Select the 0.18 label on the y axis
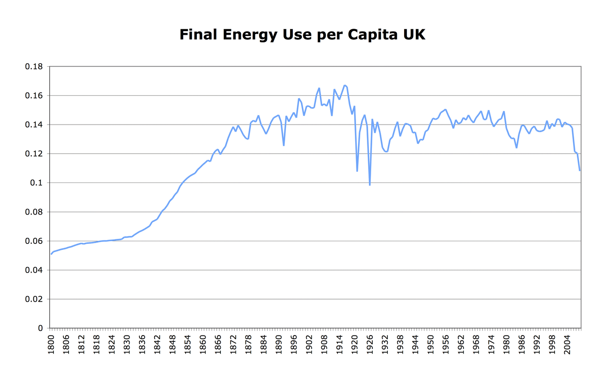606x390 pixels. (34, 67)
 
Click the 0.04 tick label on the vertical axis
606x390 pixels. (34, 270)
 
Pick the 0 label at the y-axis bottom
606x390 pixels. (40, 328)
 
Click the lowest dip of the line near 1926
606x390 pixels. (370, 185)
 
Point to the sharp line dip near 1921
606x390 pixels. (357, 171)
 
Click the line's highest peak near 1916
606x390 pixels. (345, 85)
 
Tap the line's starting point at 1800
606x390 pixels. (51, 254)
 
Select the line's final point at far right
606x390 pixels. (579, 171)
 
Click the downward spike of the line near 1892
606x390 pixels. (284, 145)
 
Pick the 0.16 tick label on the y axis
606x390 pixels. (34, 96)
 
